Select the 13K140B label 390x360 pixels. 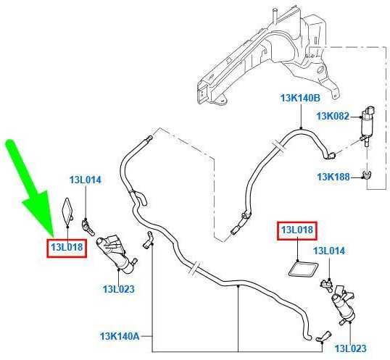tap(300, 98)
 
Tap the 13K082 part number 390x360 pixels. tap(333, 116)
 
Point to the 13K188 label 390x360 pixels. tap(333, 177)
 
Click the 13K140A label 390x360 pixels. tap(120, 336)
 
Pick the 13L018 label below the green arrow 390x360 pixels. tap(67, 248)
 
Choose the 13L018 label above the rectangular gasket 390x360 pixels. tap(297, 230)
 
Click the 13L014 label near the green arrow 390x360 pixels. tap(86, 180)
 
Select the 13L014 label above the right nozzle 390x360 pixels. tap(329, 251)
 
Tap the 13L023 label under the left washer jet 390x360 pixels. tap(119, 289)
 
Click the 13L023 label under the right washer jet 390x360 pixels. tap(351, 348)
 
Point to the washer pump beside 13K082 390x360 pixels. tap(368, 126)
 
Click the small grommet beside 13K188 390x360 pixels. tap(366, 174)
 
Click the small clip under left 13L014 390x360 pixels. tap(88, 227)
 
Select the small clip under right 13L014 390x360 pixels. tap(327, 285)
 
